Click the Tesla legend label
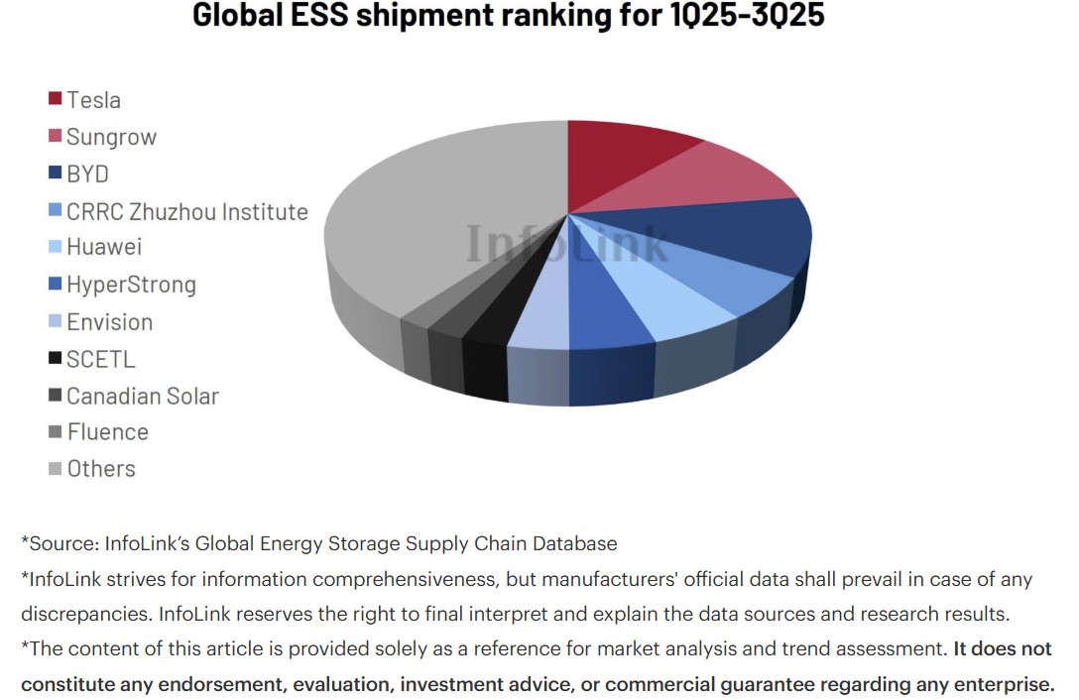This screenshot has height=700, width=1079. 93,100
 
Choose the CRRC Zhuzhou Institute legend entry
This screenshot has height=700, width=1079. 186,211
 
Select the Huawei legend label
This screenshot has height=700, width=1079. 104,248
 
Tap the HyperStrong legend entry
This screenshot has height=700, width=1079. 131,286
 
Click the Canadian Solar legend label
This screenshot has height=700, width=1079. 142,396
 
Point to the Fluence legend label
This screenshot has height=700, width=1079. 107,432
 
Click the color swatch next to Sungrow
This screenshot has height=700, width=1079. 56,137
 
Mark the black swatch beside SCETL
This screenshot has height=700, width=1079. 56,359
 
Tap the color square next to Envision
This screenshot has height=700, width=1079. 56,322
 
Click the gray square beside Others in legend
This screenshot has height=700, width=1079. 56,469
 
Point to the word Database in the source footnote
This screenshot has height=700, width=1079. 574,543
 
